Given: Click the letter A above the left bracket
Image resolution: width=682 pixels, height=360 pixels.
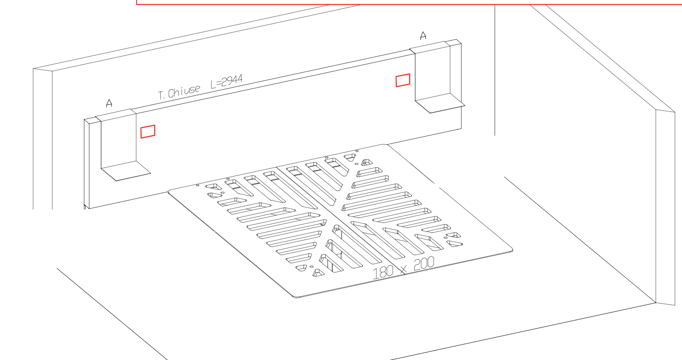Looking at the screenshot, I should pos(109,103).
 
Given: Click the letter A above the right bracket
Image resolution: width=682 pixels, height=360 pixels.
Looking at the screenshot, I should pos(423,36).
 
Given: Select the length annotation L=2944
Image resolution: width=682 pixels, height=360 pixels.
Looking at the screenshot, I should pos(227,81).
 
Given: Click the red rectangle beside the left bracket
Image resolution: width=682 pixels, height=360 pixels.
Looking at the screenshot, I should pos(148,131).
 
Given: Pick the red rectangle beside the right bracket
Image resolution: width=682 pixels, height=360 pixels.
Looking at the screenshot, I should pos(403,81).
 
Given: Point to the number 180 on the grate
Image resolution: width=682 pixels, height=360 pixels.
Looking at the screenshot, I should pos(382,272).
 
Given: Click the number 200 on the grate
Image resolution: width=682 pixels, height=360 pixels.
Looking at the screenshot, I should pos(424,263).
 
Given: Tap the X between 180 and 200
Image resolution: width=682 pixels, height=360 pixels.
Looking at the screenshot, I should pos(403,269).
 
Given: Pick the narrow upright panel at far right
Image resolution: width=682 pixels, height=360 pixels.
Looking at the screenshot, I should pos(665,207).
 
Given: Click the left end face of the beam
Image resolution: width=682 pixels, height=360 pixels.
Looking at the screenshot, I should pos(87,163).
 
